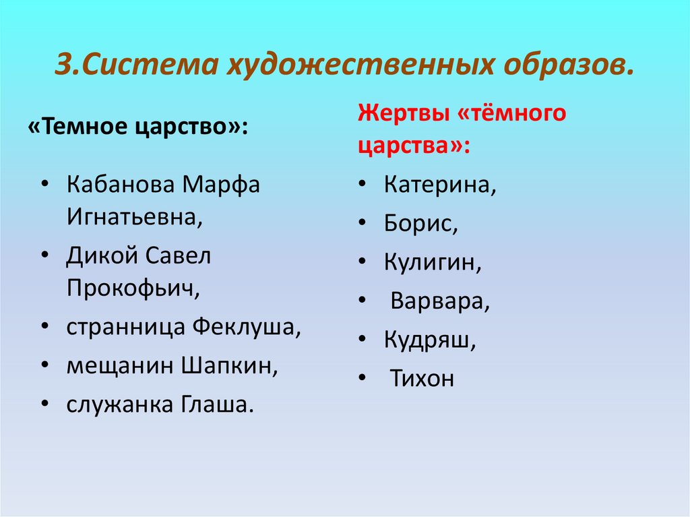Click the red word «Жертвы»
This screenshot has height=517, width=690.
(x=404, y=113)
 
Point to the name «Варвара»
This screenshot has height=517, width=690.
(x=439, y=301)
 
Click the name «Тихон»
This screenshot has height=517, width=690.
(x=422, y=379)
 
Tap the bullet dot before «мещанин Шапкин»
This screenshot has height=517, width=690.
(x=44, y=365)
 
